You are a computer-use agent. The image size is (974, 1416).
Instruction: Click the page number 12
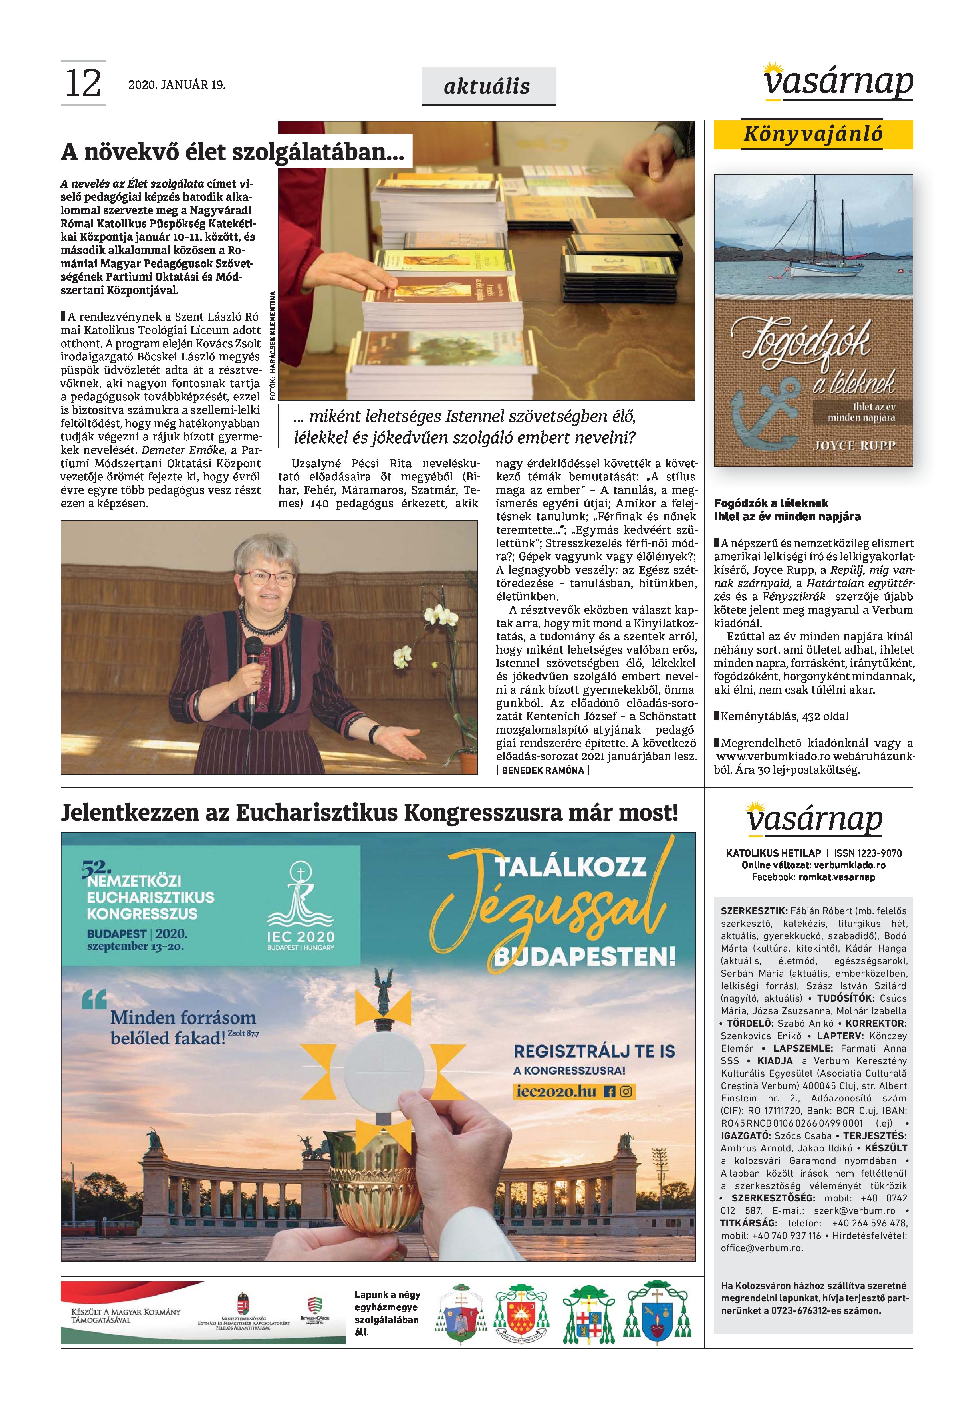click(x=83, y=84)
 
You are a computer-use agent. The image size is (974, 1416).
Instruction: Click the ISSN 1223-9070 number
click(x=867, y=853)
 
